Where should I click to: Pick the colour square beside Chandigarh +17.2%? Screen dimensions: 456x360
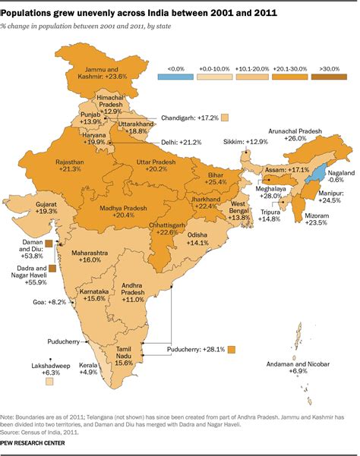(225, 118)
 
